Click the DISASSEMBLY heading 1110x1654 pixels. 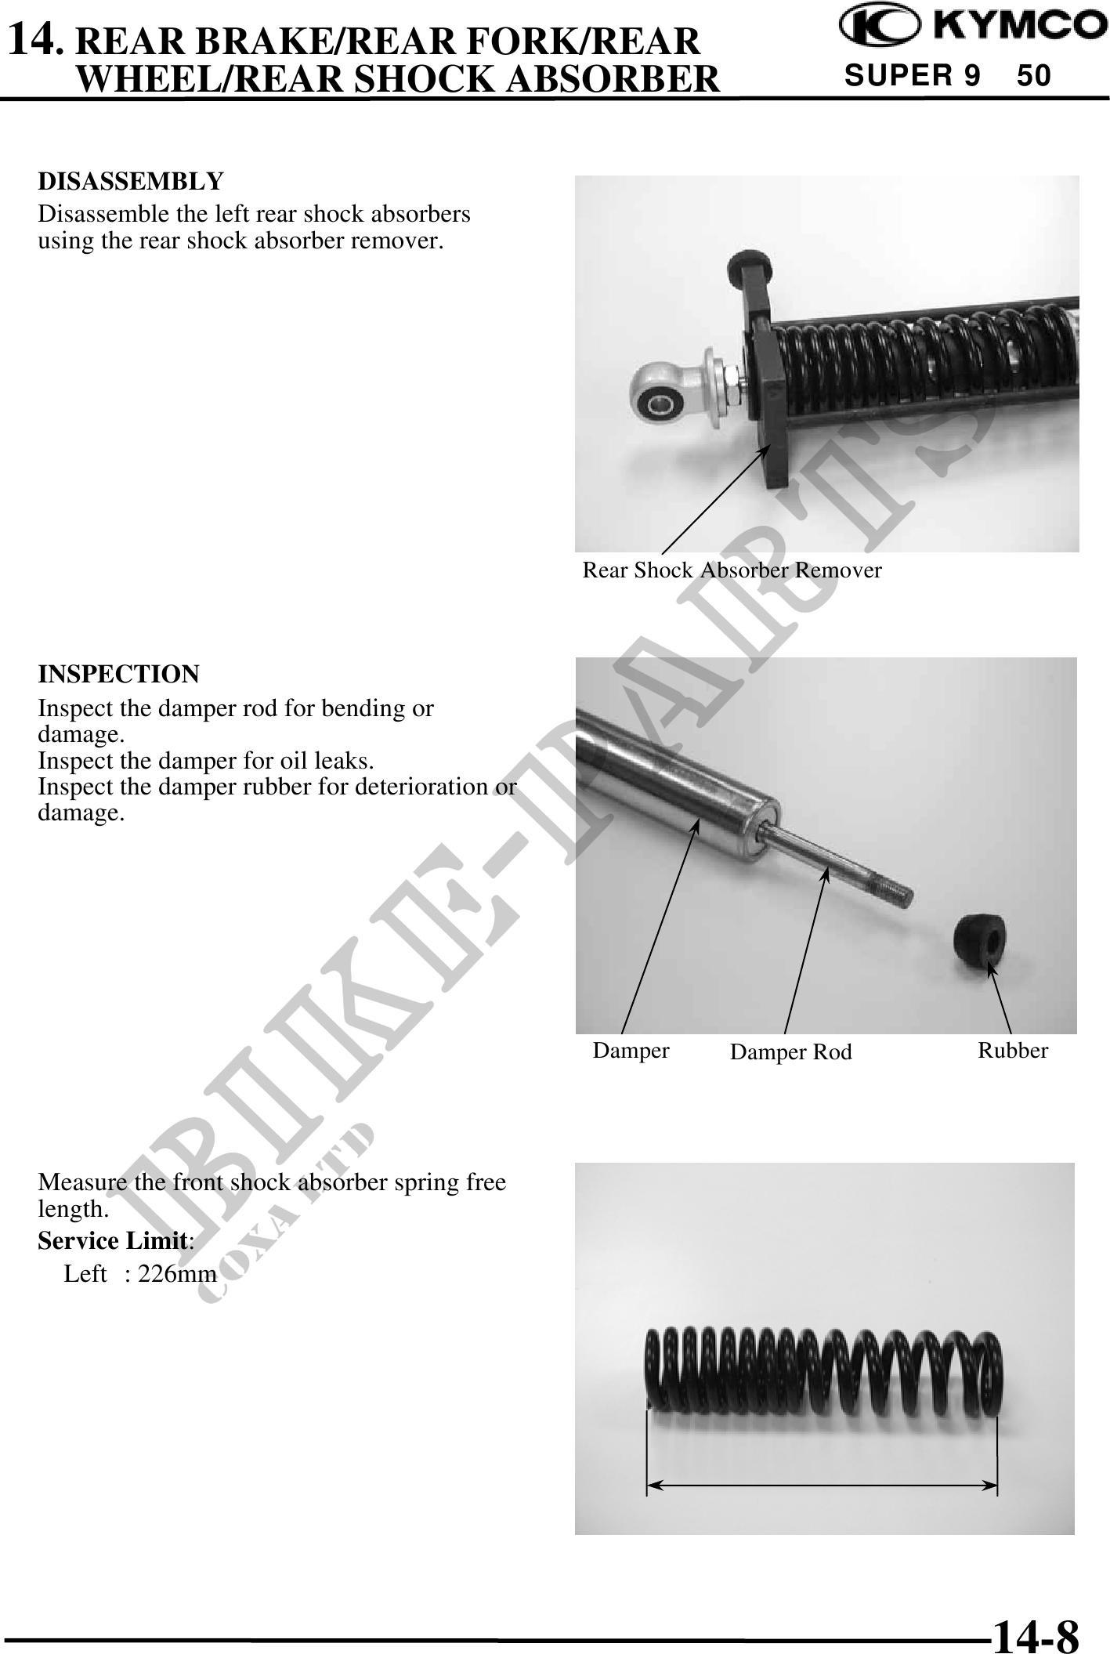[131, 181]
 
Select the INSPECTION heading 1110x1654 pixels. [119, 674]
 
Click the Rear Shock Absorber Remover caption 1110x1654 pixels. [732, 570]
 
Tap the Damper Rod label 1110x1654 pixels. [790, 1052]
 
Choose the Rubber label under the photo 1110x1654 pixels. [1013, 1051]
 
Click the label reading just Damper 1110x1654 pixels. [631, 1051]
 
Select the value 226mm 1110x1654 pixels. [177, 1274]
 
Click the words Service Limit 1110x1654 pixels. [114, 1241]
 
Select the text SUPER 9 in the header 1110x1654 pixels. [913, 75]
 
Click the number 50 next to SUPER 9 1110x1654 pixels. [1033, 75]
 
